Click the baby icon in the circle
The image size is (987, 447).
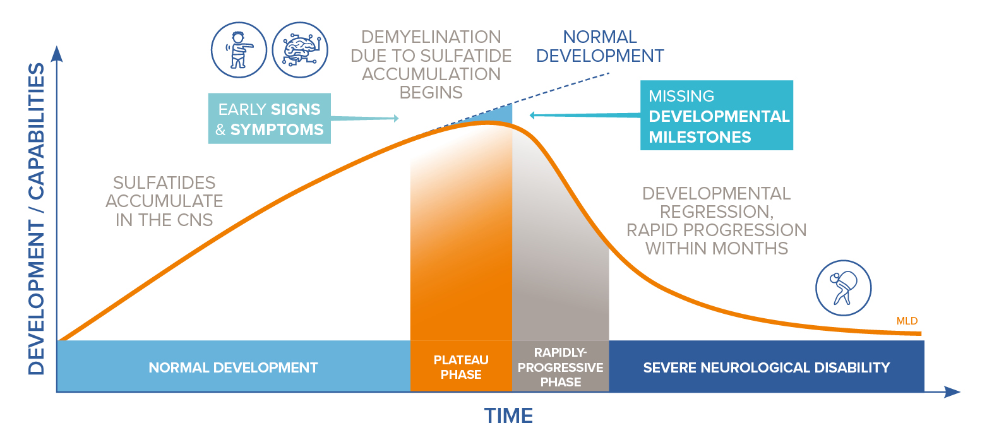pyautogui.click(x=239, y=50)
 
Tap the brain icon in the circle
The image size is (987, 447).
pyautogui.click(x=300, y=50)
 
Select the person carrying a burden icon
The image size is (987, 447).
pyautogui.click(x=844, y=288)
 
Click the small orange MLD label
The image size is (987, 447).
pyautogui.click(x=907, y=321)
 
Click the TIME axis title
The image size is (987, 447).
pyautogui.click(x=508, y=415)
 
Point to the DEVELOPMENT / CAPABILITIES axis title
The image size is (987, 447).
pyautogui.click(x=36, y=219)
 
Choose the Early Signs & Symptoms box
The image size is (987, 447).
pyautogui.click(x=269, y=119)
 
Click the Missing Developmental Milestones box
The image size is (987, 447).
pyautogui.click(x=717, y=116)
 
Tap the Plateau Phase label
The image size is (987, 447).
pyautogui.click(x=461, y=367)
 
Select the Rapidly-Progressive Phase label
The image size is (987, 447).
pyautogui.click(x=561, y=367)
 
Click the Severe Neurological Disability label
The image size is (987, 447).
pyautogui.click(x=766, y=367)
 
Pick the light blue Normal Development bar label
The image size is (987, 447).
pyautogui.click(x=233, y=367)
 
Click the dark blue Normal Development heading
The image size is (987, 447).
pyautogui.click(x=600, y=46)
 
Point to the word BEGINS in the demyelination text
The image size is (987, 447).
pyautogui.click(x=431, y=92)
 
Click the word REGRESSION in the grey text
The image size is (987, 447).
pyautogui.click(x=717, y=212)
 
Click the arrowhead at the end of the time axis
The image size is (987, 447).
pyautogui.click(x=952, y=391)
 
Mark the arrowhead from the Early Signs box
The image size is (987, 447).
pyautogui.click(x=396, y=118)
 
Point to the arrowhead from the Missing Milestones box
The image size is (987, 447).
pyautogui.click(x=532, y=116)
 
